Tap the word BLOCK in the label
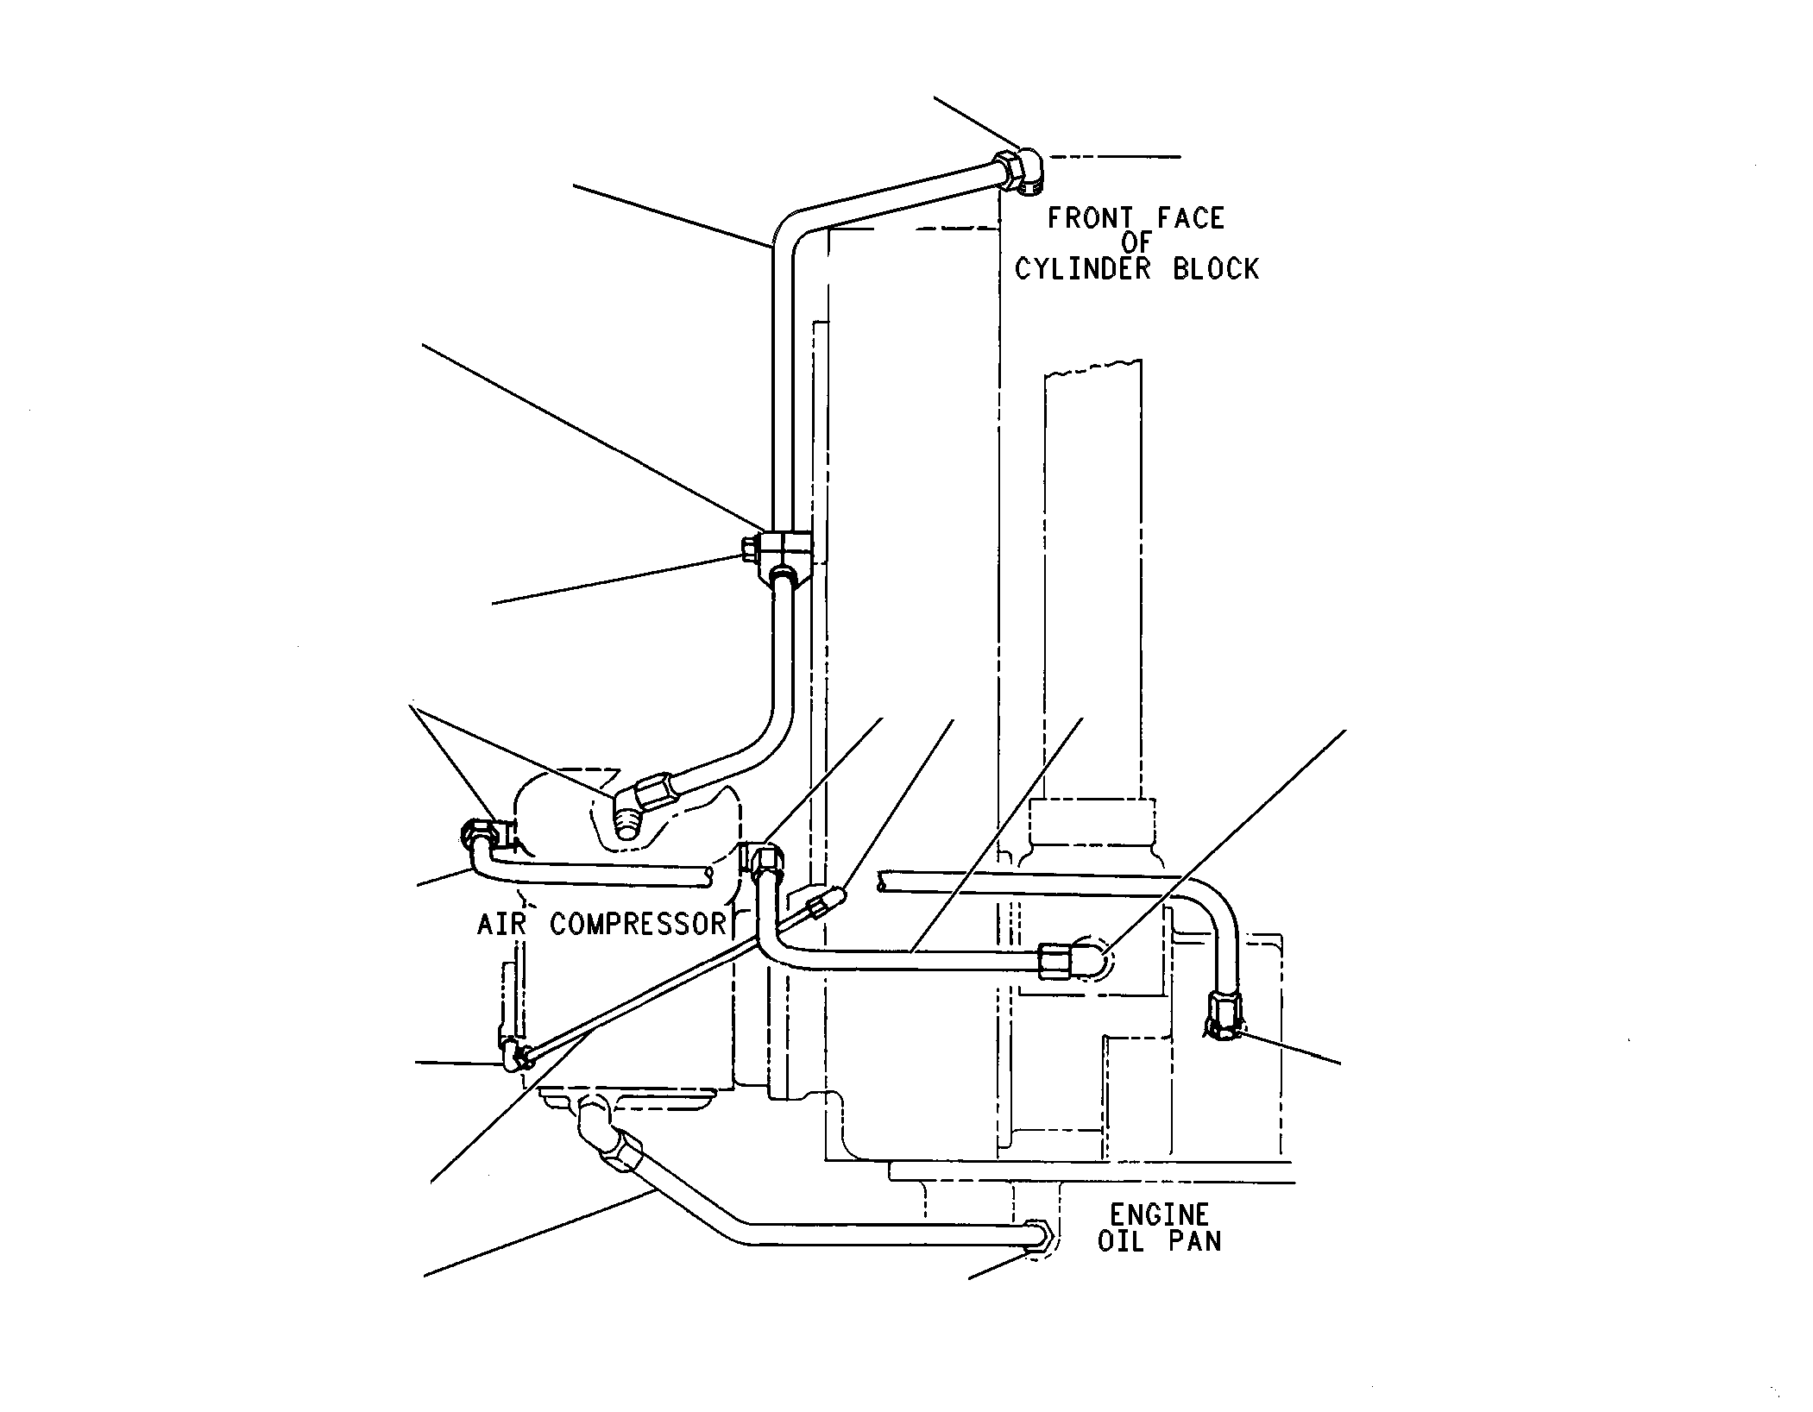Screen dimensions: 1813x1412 click(x=1215, y=269)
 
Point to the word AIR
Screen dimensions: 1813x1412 click(x=501, y=924)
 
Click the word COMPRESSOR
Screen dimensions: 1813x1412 click(x=638, y=924)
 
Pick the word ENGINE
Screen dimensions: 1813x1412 click(x=1159, y=1215)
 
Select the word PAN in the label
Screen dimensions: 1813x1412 click(x=1196, y=1241)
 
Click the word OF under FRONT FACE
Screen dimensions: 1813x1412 click(x=1136, y=244)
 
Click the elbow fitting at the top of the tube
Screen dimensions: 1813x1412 click(x=1019, y=172)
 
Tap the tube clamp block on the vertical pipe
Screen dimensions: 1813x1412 click(x=786, y=554)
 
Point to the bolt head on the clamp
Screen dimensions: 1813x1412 click(x=749, y=548)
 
